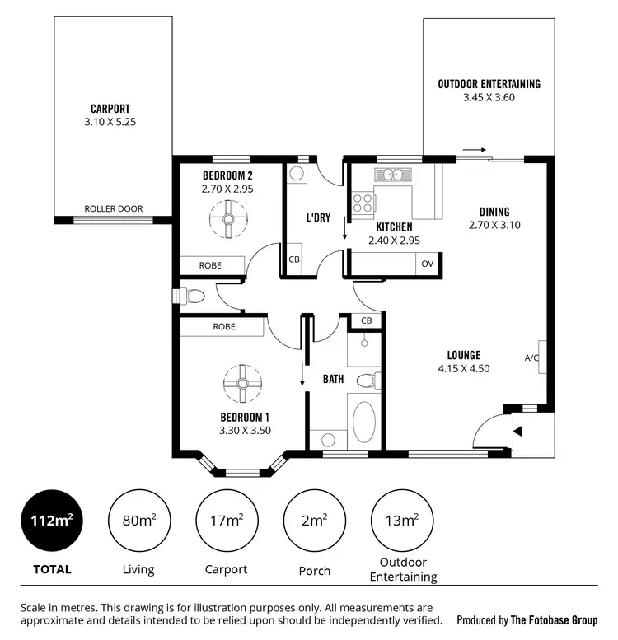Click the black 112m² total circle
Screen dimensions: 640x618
click(x=51, y=521)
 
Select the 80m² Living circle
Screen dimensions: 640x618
click(x=139, y=521)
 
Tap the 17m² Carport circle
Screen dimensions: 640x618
click(x=227, y=521)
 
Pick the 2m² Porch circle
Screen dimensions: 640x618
click(x=314, y=521)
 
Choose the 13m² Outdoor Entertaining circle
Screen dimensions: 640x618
click(x=402, y=521)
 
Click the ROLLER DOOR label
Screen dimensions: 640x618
click(x=114, y=209)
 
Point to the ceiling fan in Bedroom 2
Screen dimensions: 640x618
click(x=226, y=222)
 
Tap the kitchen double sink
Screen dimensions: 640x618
click(x=393, y=175)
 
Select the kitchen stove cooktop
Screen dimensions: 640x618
click(x=363, y=203)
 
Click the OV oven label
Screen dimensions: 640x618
click(x=427, y=264)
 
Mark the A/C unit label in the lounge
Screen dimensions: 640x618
click(x=531, y=357)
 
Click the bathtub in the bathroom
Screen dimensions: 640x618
click(x=363, y=421)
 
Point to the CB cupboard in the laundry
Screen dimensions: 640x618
click(x=294, y=259)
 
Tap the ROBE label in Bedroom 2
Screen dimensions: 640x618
click(x=211, y=265)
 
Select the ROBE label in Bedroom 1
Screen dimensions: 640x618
click(x=224, y=327)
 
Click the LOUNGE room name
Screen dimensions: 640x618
click(x=463, y=355)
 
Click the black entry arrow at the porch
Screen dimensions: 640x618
click(x=517, y=430)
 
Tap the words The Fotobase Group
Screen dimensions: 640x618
click(x=554, y=620)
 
